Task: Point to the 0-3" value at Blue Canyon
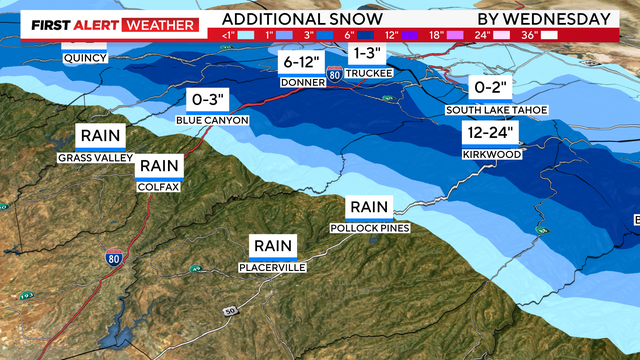pyautogui.click(x=211, y=99)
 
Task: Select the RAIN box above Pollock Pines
pyautogui.click(x=369, y=207)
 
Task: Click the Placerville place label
pyautogui.click(x=272, y=267)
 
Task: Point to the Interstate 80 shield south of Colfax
pyautogui.click(x=115, y=257)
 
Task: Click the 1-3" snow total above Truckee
pyautogui.click(x=366, y=52)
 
